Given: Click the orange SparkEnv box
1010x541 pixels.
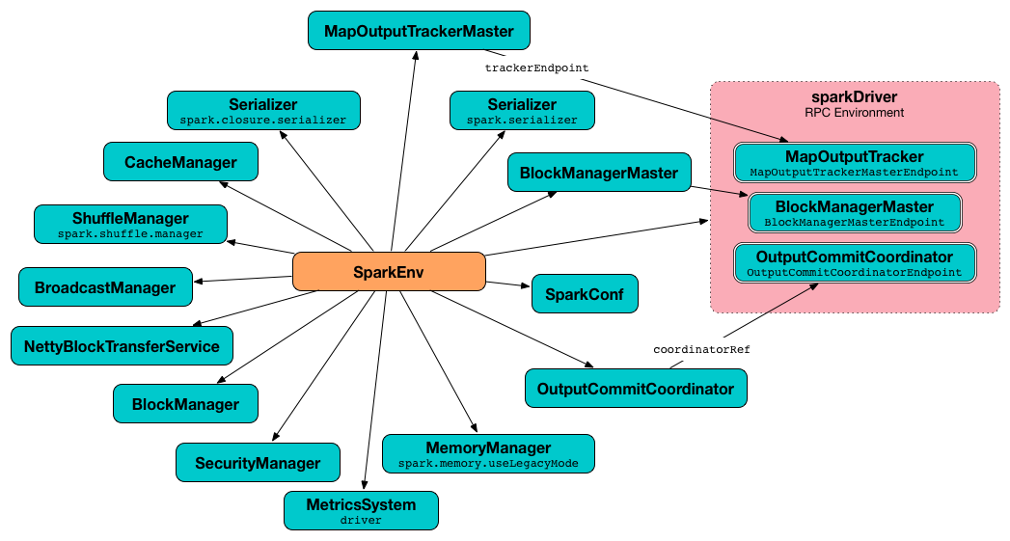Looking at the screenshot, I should coord(388,272).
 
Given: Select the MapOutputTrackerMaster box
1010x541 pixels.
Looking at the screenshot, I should coord(419,31).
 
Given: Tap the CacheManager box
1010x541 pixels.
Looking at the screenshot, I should coord(180,162).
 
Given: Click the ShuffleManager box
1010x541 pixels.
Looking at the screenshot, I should coord(130,224).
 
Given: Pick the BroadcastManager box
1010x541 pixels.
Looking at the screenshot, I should coord(105,287).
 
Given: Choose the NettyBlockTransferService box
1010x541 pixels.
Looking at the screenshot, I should coord(122,346).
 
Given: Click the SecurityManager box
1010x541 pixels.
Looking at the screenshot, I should coord(258,463).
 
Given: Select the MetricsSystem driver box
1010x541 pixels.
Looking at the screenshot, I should coord(361,511).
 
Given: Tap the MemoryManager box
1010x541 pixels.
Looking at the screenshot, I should coord(488,453).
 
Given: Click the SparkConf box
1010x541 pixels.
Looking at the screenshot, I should coord(585,293).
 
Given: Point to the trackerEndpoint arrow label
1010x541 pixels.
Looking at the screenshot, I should coord(536,68).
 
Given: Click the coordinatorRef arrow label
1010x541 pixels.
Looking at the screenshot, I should coord(701,349).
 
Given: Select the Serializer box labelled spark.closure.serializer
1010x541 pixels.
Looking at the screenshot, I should coord(263,111).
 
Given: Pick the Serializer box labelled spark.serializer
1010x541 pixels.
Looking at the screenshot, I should coord(522,111).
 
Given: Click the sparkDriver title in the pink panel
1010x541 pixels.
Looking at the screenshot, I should coord(855,97).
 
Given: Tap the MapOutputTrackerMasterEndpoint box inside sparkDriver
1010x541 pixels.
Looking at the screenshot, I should coord(855,163).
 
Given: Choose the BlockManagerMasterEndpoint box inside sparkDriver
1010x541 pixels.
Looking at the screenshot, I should coord(855,213).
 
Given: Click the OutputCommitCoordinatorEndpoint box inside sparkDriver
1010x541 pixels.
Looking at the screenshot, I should coord(855,263).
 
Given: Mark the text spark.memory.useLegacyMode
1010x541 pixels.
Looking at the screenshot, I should coord(488,464).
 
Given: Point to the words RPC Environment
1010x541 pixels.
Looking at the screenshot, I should coord(855,113).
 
